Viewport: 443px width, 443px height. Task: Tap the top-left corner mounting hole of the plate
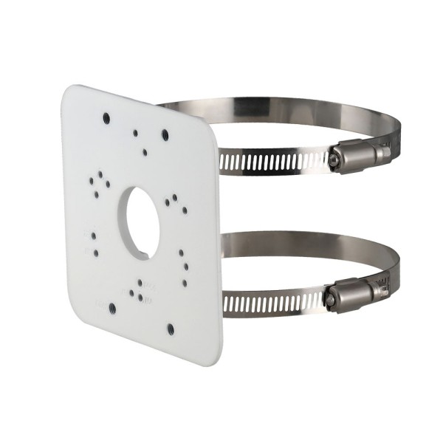pyautogui.click(x=107, y=117)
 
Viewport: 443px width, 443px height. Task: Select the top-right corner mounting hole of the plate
pyautogui.click(x=165, y=136)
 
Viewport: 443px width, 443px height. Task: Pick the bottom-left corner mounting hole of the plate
pyautogui.click(x=112, y=309)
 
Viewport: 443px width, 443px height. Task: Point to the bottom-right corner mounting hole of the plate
pyautogui.click(x=171, y=329)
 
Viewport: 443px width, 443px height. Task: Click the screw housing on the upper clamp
pyautogui.click(x=354, y=157)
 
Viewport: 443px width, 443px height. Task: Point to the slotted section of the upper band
pyautogui.click(x=273, y=162)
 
